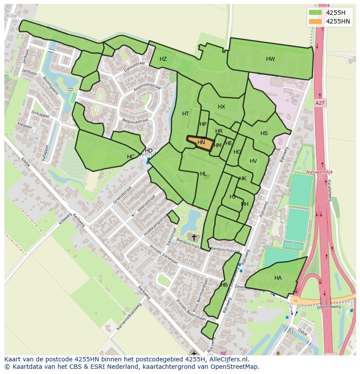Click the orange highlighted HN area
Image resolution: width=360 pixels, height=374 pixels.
click(200, 143)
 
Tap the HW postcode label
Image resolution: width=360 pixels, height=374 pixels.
click(270, 59)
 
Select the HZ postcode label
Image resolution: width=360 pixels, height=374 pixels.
click(163, 59)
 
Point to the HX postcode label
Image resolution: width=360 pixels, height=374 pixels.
click(221, 107)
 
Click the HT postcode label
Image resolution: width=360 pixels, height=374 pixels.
click(186, 114)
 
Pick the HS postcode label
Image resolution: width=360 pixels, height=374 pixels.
click(264, 133)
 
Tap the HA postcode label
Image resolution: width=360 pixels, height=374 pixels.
click(278, 278)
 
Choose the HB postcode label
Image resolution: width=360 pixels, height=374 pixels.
click(224, 285)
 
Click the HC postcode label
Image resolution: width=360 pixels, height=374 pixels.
click(130, 157)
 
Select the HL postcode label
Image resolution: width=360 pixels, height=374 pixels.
click(203, 174)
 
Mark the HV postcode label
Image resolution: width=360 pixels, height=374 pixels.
click(253, 161)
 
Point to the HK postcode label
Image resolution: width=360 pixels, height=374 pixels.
click(243, 179)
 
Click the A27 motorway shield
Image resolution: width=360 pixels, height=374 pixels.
click(320, 103)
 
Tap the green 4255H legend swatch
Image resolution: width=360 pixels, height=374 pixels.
click(315, 12)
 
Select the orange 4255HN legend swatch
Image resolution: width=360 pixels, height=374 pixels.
click(315, 21)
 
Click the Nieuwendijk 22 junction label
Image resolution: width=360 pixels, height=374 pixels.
click(320, 175)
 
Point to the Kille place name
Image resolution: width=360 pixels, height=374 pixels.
click(12, 16)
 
